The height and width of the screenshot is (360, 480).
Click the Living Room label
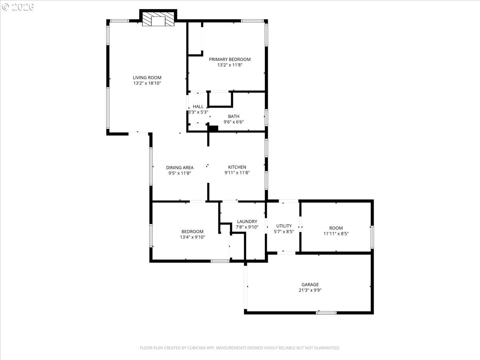(x=147, y=78)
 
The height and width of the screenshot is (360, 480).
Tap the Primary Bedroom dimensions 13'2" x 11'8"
(x=230, y=65)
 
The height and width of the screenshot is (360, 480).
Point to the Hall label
(x=198, y=106)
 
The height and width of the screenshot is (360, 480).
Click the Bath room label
(x=234, y=116)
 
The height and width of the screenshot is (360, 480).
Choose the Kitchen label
(x=237, y=167)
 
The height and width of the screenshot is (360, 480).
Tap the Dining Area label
(x=180, y=168)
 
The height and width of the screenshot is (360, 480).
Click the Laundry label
(x=247, y=222)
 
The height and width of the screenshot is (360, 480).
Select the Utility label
(x=284, y=226)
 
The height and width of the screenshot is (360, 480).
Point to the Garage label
(x=310, y=284)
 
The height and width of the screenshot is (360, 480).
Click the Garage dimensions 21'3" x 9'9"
(x=310, y=290)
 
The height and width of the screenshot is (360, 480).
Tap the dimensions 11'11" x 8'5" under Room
(x=336, y=234)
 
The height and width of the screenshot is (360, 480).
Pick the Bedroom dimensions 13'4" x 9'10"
(x=192, y=237)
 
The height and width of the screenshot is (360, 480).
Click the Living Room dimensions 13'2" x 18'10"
(x=147, y=83)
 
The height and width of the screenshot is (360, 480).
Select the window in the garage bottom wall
(x=326, y=312)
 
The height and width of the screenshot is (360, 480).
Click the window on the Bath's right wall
(x=266, y=118)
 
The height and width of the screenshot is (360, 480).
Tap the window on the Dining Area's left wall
(x=151, y=166)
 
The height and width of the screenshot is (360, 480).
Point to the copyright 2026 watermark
(x=18, y=7)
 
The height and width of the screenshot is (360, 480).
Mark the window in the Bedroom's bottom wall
(x=220, y=261)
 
